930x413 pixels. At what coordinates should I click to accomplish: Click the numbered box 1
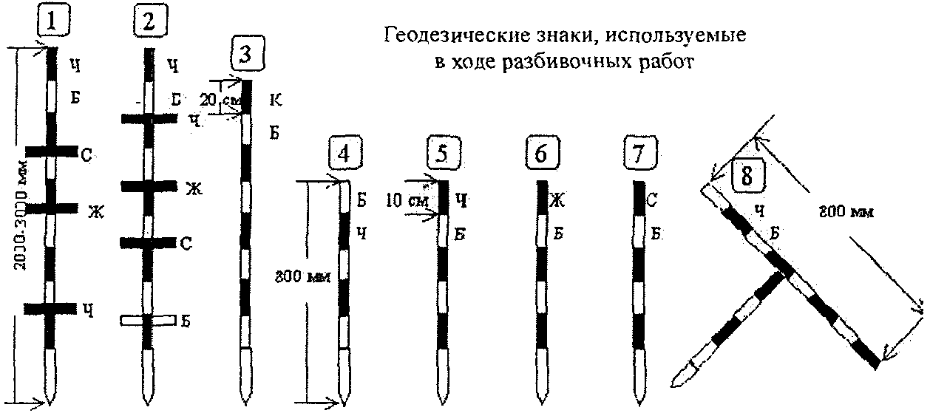tap(52, 22)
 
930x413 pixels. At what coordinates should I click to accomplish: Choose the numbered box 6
tap(542, 157)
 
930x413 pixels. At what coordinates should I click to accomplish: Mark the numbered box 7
tap(640, 157)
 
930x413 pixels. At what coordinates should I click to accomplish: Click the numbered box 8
tap(745, 175)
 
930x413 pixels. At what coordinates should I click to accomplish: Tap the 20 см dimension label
tap(220, 98)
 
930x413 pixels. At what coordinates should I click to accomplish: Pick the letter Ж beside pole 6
tap(557, 199)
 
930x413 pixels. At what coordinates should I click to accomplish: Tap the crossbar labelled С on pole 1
tap(52, 151)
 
